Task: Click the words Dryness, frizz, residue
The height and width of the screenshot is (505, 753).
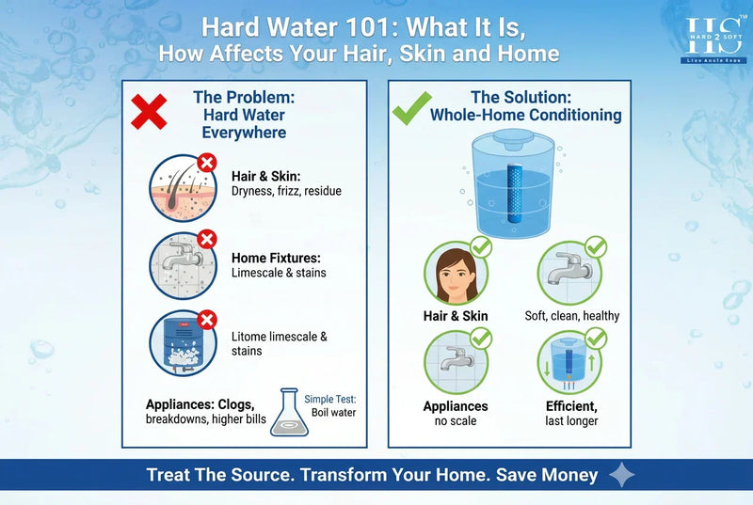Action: coord(286,191)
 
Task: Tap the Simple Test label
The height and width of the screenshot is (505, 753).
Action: coord(329,399)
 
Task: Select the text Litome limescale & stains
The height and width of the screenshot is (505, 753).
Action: coord(280,343)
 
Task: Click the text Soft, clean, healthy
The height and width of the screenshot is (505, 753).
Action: coord(572,316)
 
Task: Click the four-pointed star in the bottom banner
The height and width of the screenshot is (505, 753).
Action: coord(622,476)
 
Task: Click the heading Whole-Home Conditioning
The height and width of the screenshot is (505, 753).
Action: coord(525,115)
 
